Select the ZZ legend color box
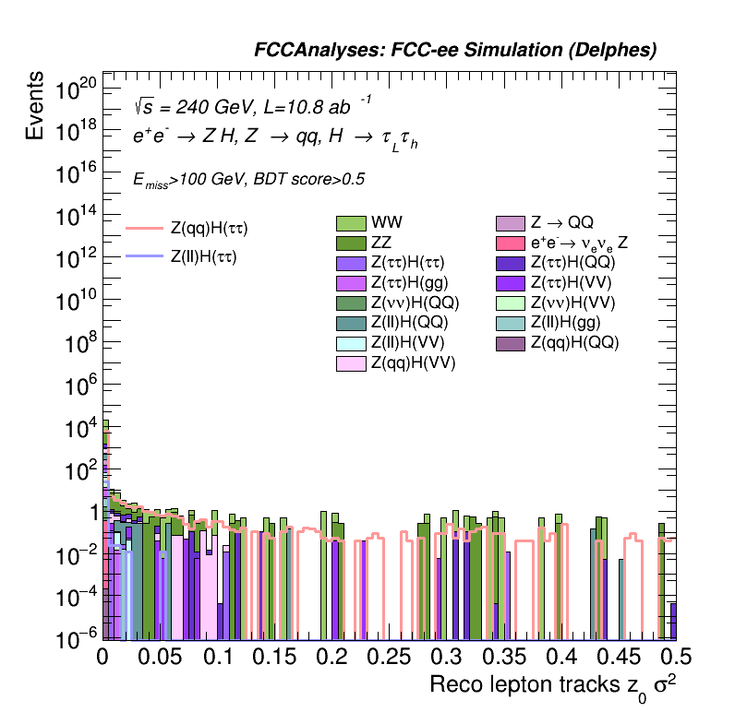351,243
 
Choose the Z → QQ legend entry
511,222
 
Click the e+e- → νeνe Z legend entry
511,243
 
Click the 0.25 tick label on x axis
389,657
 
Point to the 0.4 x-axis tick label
561,657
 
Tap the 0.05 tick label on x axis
160,657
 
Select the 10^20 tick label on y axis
76,89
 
